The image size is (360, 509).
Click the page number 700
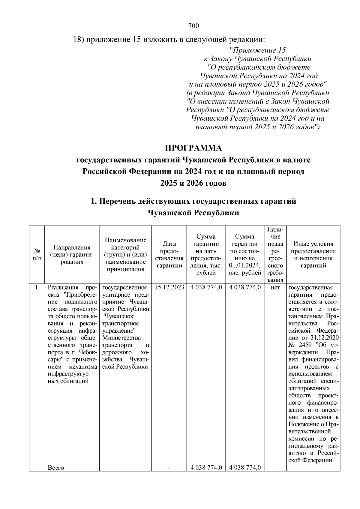[x=193, y=26]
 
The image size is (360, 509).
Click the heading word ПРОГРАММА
[x=193, y=148]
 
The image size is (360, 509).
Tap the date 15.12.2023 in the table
[x=169, y=287]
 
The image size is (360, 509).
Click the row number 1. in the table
[x=37, y=287]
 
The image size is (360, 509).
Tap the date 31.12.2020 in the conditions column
[x=326, y=338]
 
